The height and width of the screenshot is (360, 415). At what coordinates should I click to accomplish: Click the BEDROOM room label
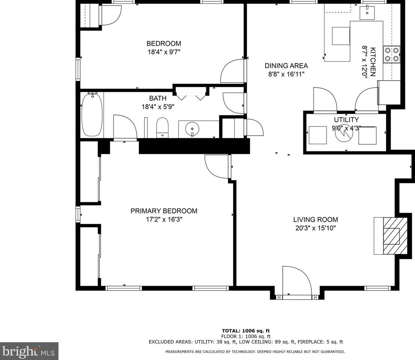tap(164, 44)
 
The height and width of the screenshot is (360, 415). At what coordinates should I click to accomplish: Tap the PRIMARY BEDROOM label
tap(164, 211)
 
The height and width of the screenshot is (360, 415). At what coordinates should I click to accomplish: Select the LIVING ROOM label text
tap(315, 220)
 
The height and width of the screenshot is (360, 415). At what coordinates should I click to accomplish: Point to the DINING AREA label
tap(286, 66)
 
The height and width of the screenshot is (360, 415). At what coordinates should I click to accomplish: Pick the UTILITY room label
tap(346, 120)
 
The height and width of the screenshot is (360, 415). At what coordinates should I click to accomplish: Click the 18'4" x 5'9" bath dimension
tap(158, 107)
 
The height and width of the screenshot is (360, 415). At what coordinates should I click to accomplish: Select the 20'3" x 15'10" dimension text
tap(315, 228)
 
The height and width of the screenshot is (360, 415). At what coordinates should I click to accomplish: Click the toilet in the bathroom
tap(162, 127)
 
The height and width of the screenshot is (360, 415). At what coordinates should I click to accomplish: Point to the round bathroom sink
tap(192, 129)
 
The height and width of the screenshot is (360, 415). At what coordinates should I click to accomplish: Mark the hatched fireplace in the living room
tap(392, 236)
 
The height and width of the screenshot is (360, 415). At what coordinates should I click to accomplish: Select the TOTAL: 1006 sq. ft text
tap(246, 331)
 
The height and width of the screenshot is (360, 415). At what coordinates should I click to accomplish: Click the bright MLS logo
tap(29, 351)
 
